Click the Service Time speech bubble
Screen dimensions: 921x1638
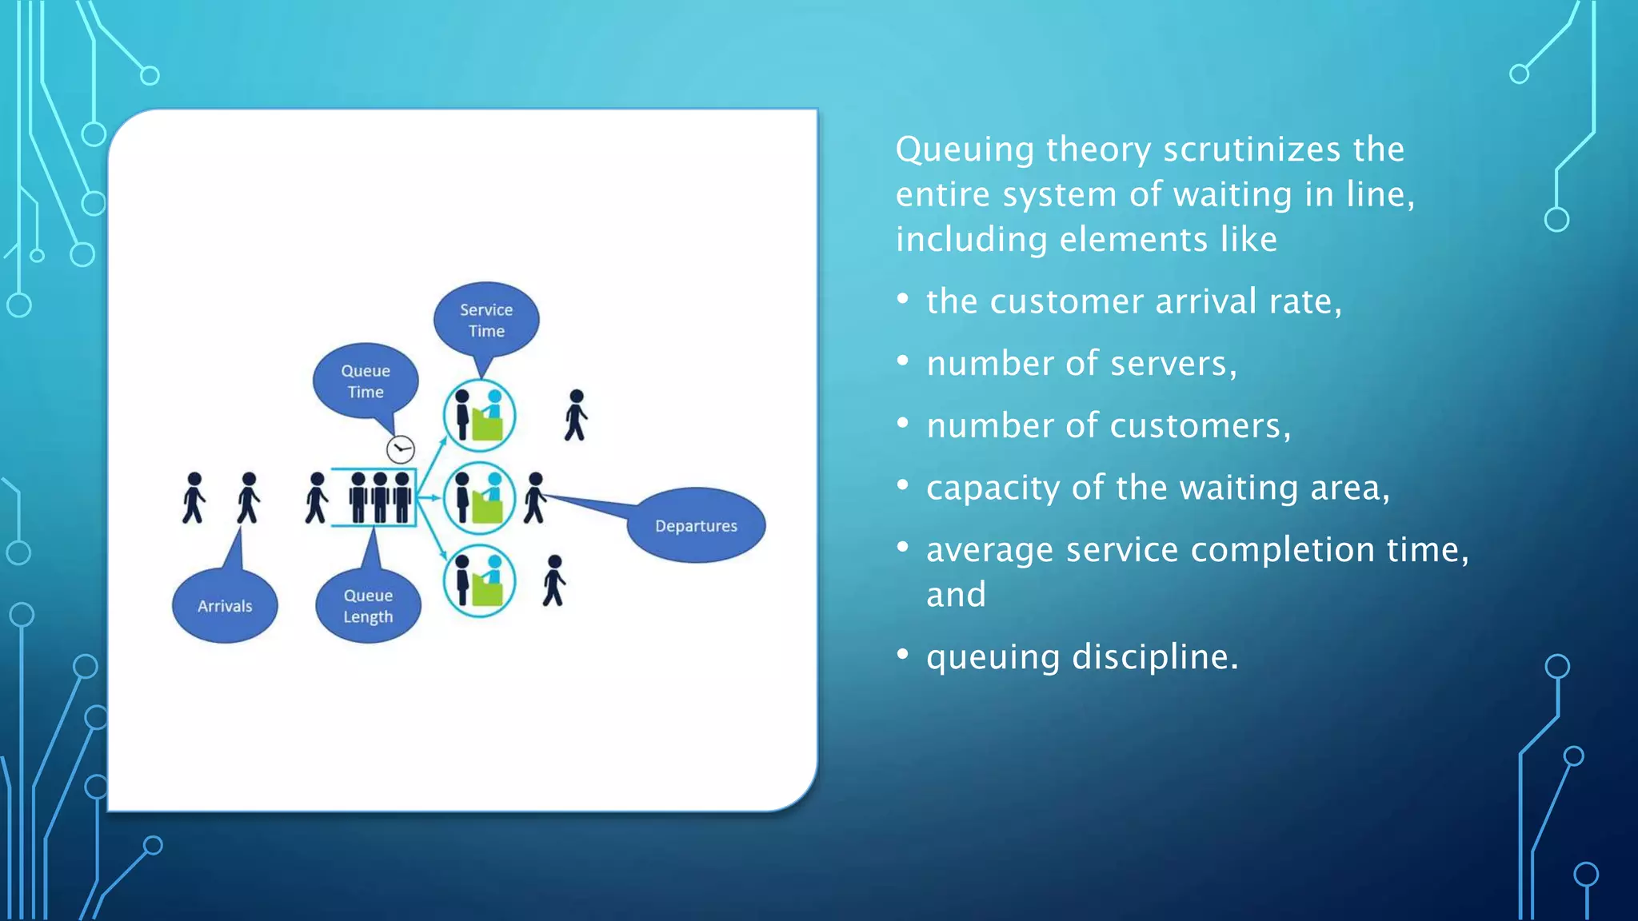[x=486, y=320]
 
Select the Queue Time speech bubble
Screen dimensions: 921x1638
[x=366, y=381]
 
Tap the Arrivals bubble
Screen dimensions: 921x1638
[x=225, y=606]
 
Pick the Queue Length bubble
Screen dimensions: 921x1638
[x=368, y=606]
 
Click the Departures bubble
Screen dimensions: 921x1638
[x=696, y=525]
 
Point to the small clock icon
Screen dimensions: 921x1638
[x=401, y=449]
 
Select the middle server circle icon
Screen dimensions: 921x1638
[x=479, y=498]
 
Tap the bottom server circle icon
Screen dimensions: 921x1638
[x=479, y=581]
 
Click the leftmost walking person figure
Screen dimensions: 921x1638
[x=194, y=498]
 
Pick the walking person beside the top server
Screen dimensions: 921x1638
[x=576, y=416]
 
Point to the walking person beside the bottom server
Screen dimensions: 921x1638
[x=553, y=581]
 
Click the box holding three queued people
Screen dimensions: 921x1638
[x=374, y=497]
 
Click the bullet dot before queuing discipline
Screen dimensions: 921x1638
[x=903, y=655]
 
